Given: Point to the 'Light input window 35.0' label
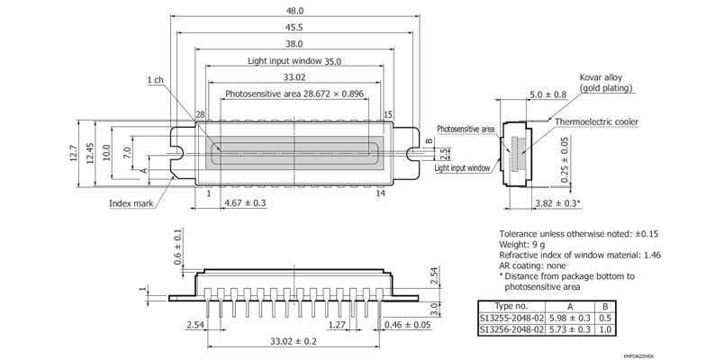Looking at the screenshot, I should [294, 60].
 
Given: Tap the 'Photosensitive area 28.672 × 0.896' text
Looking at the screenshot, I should [294, 94].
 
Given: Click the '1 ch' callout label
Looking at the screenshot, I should [155, 80].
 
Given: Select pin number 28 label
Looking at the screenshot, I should [200, 114].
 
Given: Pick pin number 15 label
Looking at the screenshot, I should [388, 114].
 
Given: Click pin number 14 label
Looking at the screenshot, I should [380, 193].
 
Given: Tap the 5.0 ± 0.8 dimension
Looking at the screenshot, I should [548, 94].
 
